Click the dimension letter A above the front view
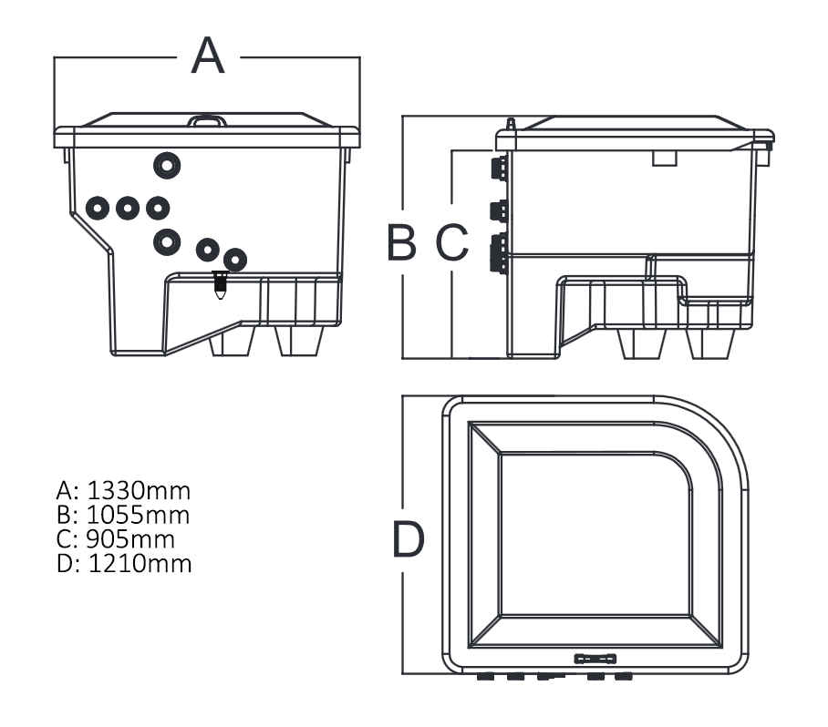tap(208, 57)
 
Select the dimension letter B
tap(401, 241)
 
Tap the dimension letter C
tap(450, 241)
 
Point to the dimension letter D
tap(408, 539)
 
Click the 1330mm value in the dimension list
tap(140, 491)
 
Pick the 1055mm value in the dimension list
tap(139, 515)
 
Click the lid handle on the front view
tap(207, 119)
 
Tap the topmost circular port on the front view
tap(167, 165)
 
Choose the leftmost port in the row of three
tap(98, 208)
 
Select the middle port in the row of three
tap(128, 208)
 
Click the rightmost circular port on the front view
tap(235, 260)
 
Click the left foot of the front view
tap(232, 341)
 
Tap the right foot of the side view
tap(710, 343)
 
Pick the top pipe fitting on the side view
tap(499, 167)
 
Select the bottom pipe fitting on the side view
tap(499, 252)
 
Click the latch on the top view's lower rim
tap(595, 657)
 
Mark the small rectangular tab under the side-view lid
tap(665, 159)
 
